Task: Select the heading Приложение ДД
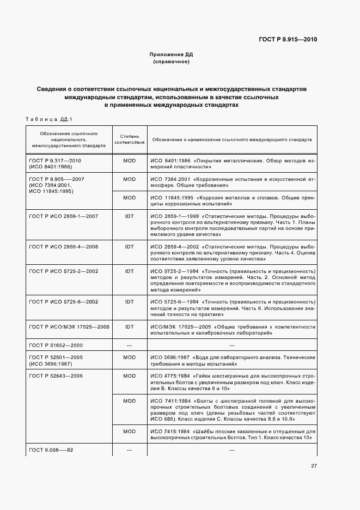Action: (172, 55)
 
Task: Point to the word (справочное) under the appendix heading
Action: (172, 62)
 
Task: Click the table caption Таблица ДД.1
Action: (49, 119)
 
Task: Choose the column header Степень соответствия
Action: (129, 139)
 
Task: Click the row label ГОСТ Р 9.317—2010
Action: (55, 161)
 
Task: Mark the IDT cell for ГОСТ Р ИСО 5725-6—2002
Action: (129, 301)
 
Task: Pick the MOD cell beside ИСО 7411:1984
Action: (129, 401)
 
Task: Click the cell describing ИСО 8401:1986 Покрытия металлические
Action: (232, 165)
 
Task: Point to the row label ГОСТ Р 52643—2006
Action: (55, 376)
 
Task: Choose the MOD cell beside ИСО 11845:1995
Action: (129, 197)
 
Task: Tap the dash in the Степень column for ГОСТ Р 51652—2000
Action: (129, 345)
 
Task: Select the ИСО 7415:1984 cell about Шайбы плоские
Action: (232, 435)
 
